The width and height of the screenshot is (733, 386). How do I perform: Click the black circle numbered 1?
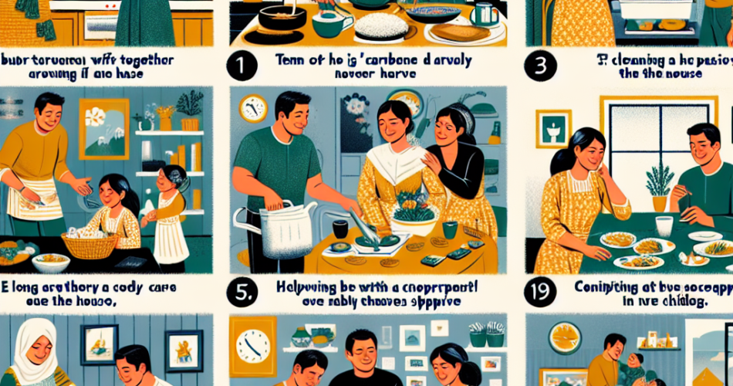click(x=245, y=66)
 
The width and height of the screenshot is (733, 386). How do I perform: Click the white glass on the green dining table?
click(x=664, y=226)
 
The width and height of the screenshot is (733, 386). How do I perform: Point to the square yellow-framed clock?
click(x=252, y=347)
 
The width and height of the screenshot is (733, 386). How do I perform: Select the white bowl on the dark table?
click(x=50, y=262)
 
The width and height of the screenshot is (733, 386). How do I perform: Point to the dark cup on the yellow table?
click(x=339, y=229)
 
